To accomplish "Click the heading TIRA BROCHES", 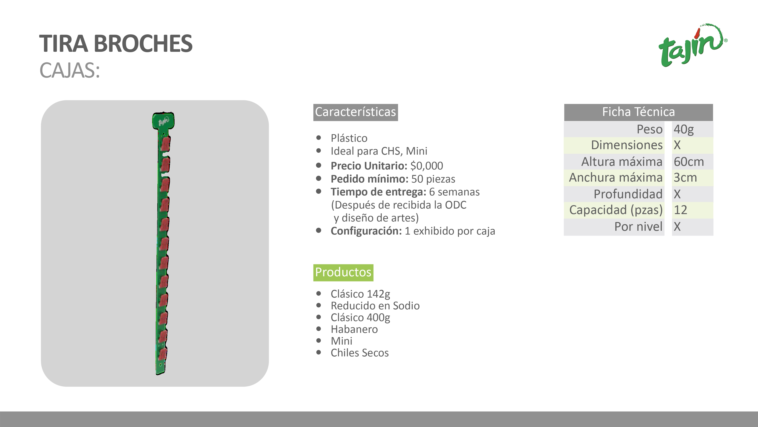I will click(116, 44).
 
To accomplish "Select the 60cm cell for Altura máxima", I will click(689, 162).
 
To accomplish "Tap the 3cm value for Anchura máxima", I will click(685, 178).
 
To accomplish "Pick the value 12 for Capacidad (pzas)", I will click(680, 210).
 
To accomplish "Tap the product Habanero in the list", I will click(354, 329).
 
